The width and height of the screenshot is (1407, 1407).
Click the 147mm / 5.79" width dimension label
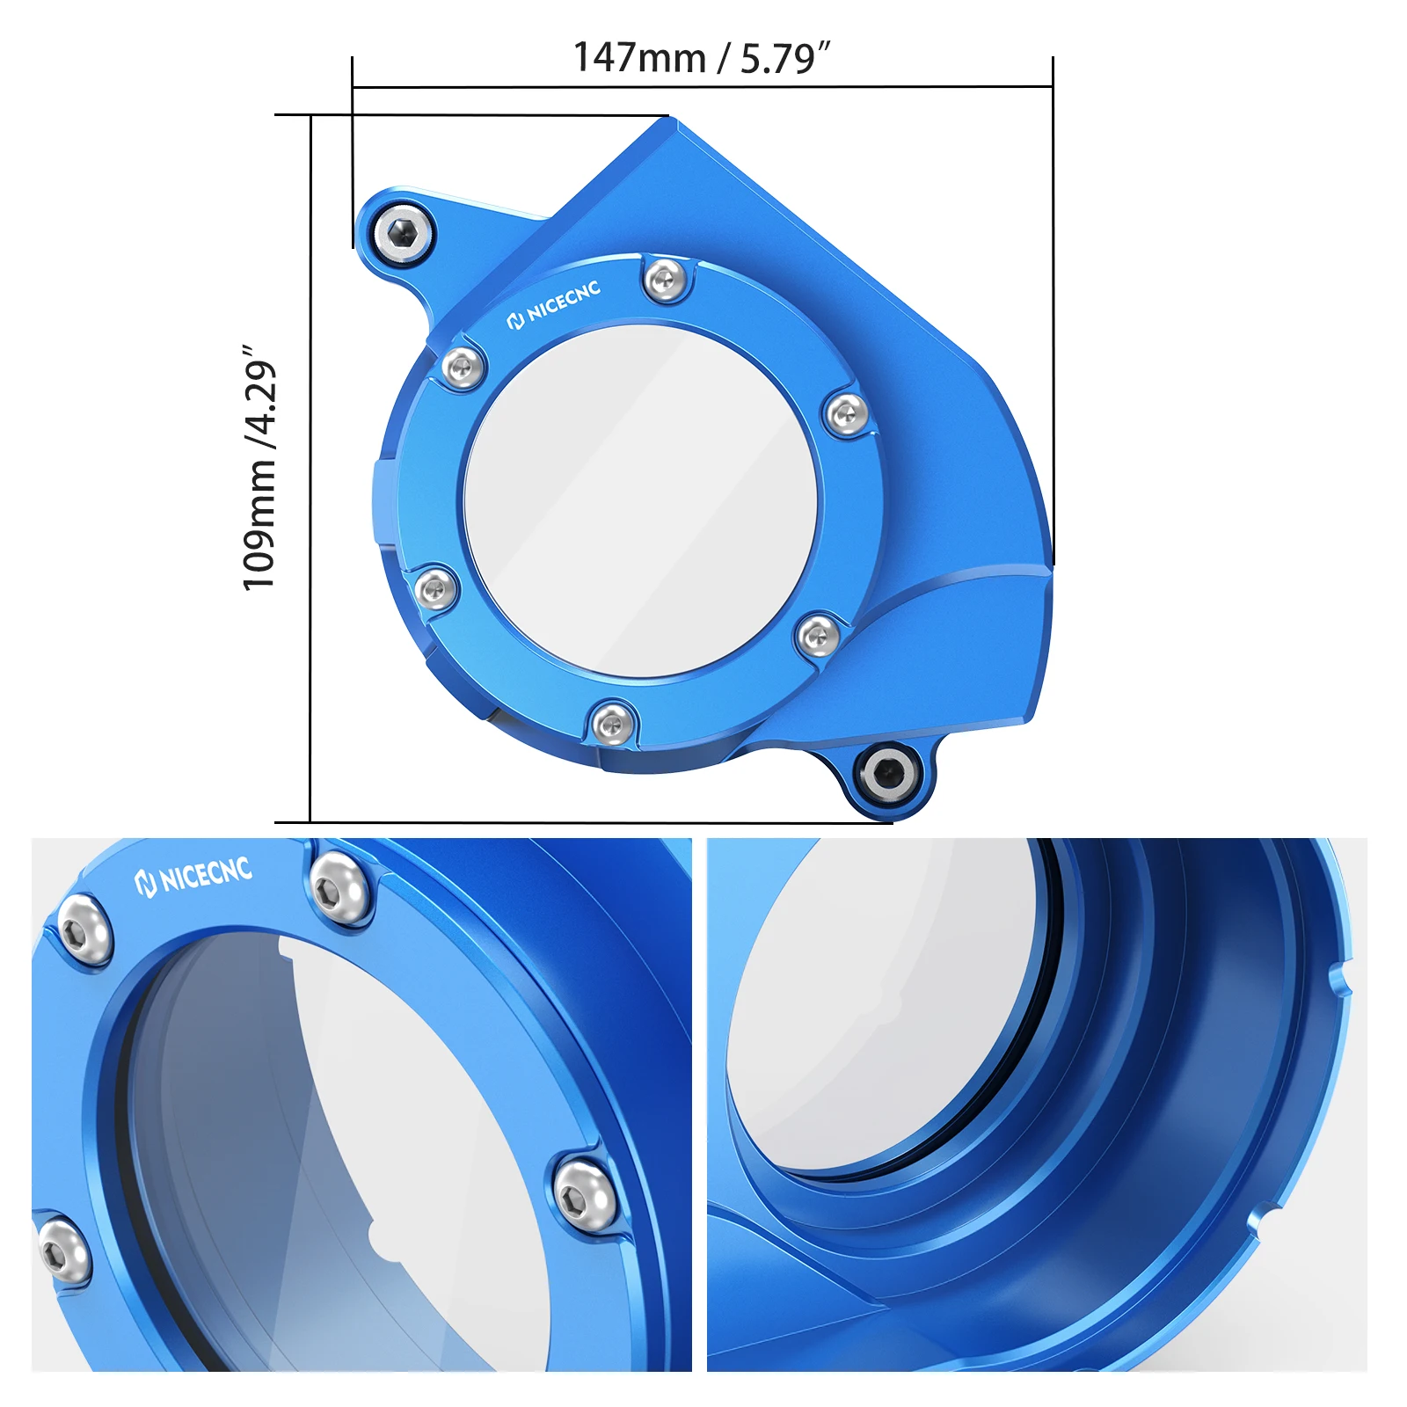pos(701,58)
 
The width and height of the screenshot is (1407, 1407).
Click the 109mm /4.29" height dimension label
pos(260,468)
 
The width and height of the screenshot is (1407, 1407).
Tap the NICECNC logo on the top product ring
pos(554,305)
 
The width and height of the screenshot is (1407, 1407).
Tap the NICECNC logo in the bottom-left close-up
pos(193,875)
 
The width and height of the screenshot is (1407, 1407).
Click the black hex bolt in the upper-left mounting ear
pos(404,233)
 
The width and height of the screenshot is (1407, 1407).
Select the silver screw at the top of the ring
pos(665,281)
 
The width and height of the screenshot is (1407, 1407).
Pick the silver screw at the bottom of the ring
pos(612,725)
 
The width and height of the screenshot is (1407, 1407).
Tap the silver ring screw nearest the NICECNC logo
pos(463,368)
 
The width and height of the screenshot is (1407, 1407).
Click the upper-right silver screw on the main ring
pos(847,414)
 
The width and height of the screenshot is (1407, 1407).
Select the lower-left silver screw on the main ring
pos(435,587)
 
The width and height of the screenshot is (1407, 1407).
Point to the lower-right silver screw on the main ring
pos(818,634)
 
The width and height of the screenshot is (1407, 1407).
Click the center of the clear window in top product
pos(640,501)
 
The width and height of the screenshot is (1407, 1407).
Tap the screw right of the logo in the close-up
pos(339,888)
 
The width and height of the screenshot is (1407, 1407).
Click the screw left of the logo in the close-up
pos(84,930)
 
